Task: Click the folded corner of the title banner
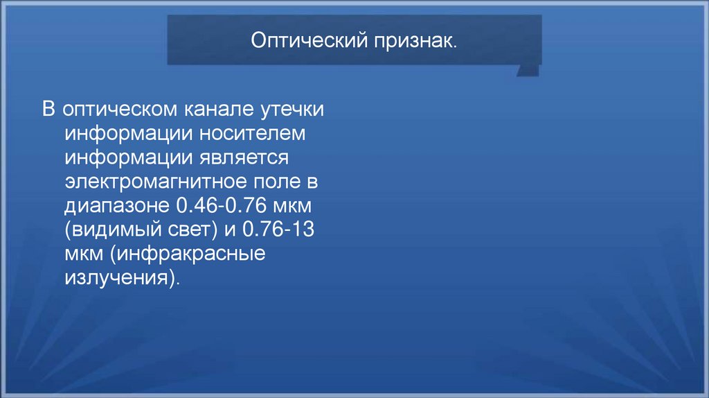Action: pyautogui.click(x=528, y=69)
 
